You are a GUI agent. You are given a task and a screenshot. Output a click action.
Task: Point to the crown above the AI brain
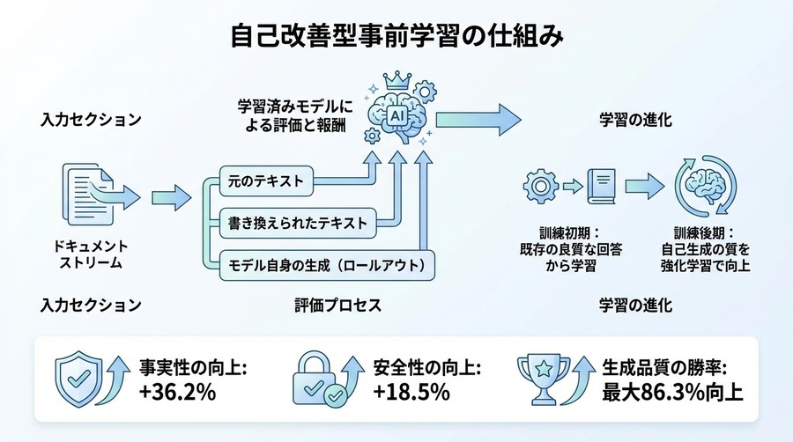[395, 79]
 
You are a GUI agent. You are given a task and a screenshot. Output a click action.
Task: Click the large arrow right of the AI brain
[476, 115]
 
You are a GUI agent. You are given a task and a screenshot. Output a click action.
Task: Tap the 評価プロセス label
[337, 306]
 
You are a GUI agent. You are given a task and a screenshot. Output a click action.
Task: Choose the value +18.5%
[411, 392]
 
